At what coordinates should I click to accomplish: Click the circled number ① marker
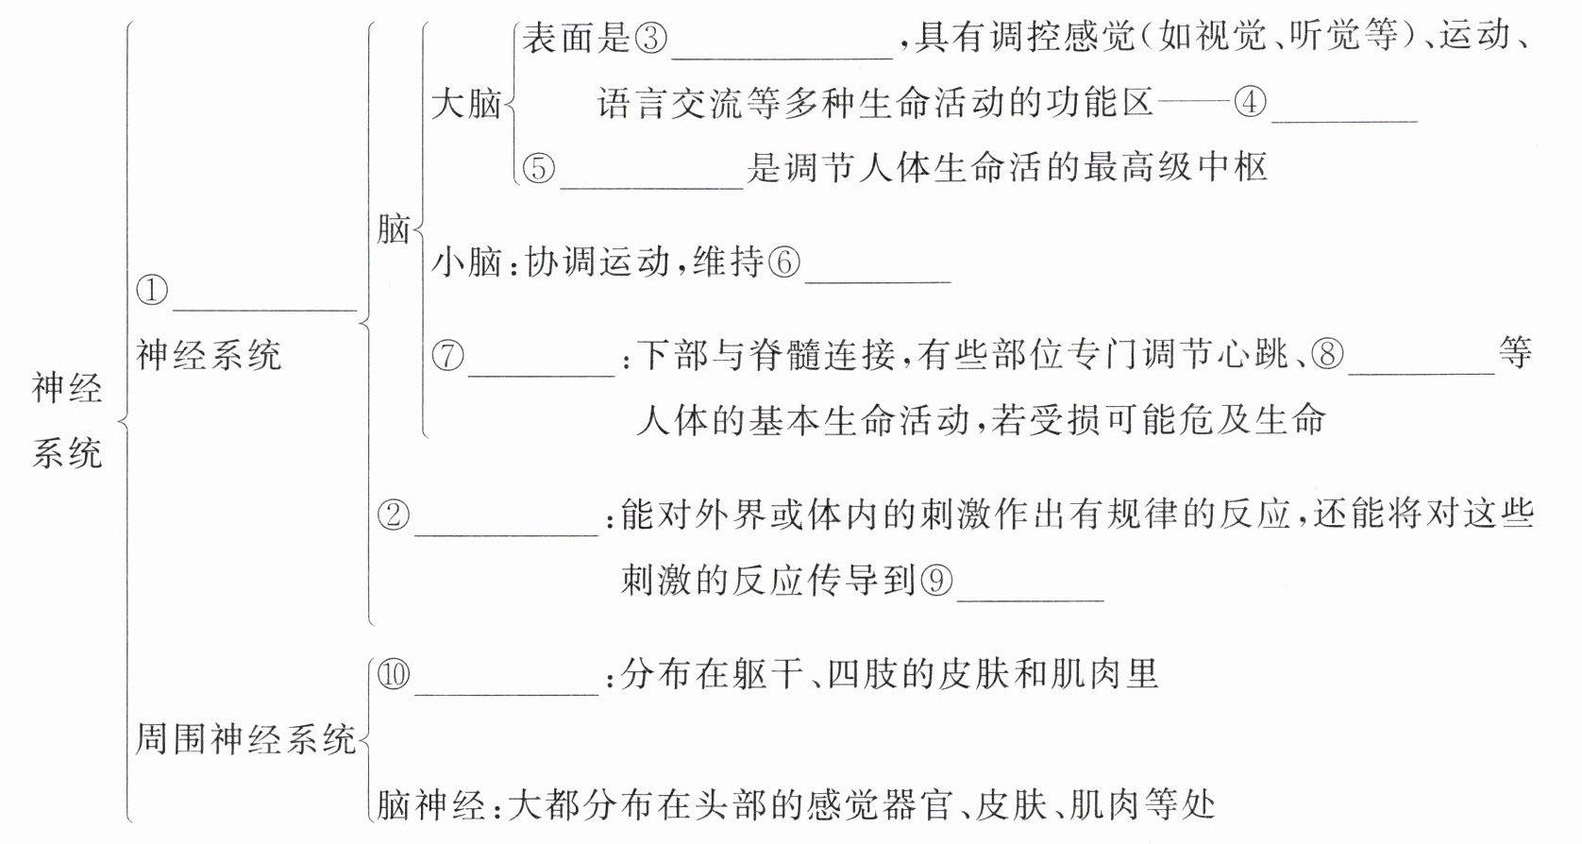pos(152,290)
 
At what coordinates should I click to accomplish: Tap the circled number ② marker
pos(394,515)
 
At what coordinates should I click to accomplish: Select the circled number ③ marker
pos(650,39)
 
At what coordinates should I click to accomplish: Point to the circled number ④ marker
pos(1250,102)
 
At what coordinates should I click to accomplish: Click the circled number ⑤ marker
pos(539,168)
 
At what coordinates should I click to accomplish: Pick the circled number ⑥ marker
pos(783,262)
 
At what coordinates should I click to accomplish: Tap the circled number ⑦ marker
pos(448,356)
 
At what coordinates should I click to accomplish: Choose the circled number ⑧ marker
pos(1328,355)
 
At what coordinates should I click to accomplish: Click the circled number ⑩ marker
pos(394,674)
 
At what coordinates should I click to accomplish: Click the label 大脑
pos(465,103)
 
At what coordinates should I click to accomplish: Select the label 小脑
pos(465,262)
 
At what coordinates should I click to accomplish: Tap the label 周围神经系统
pos(245,738)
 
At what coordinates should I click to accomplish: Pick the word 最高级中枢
pos(1175,168)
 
